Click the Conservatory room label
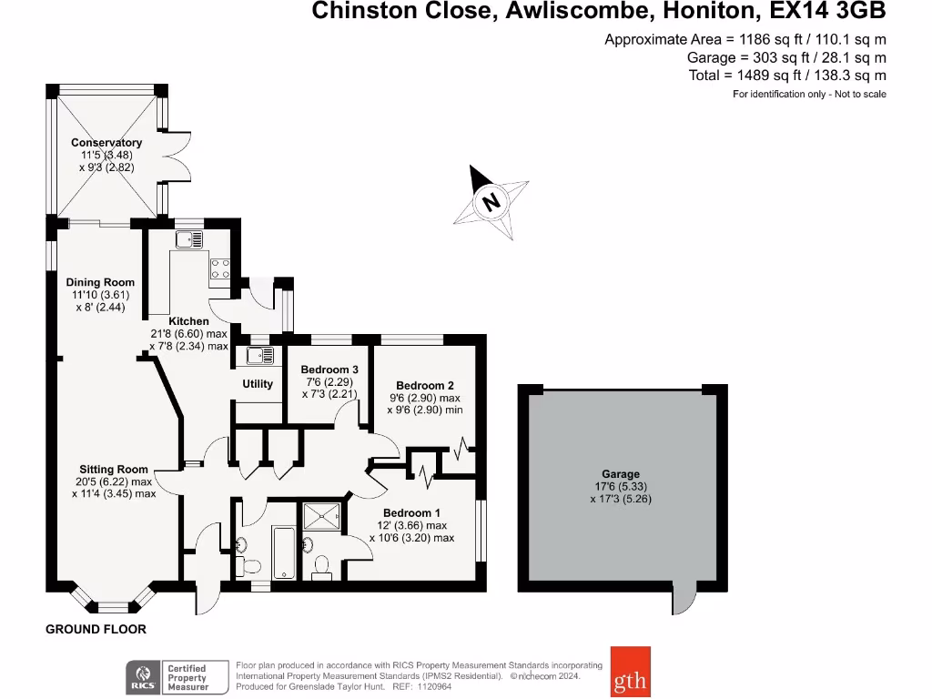106,143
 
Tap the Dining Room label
100,282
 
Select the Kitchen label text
188,321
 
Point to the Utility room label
258,384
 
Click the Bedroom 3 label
328,370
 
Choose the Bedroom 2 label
420,386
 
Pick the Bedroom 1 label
411,512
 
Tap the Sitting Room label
114,470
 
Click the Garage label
621,474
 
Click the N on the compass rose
491,201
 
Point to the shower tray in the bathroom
323,516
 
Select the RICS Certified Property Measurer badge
167,677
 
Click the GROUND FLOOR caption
96,629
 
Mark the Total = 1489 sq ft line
787,76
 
